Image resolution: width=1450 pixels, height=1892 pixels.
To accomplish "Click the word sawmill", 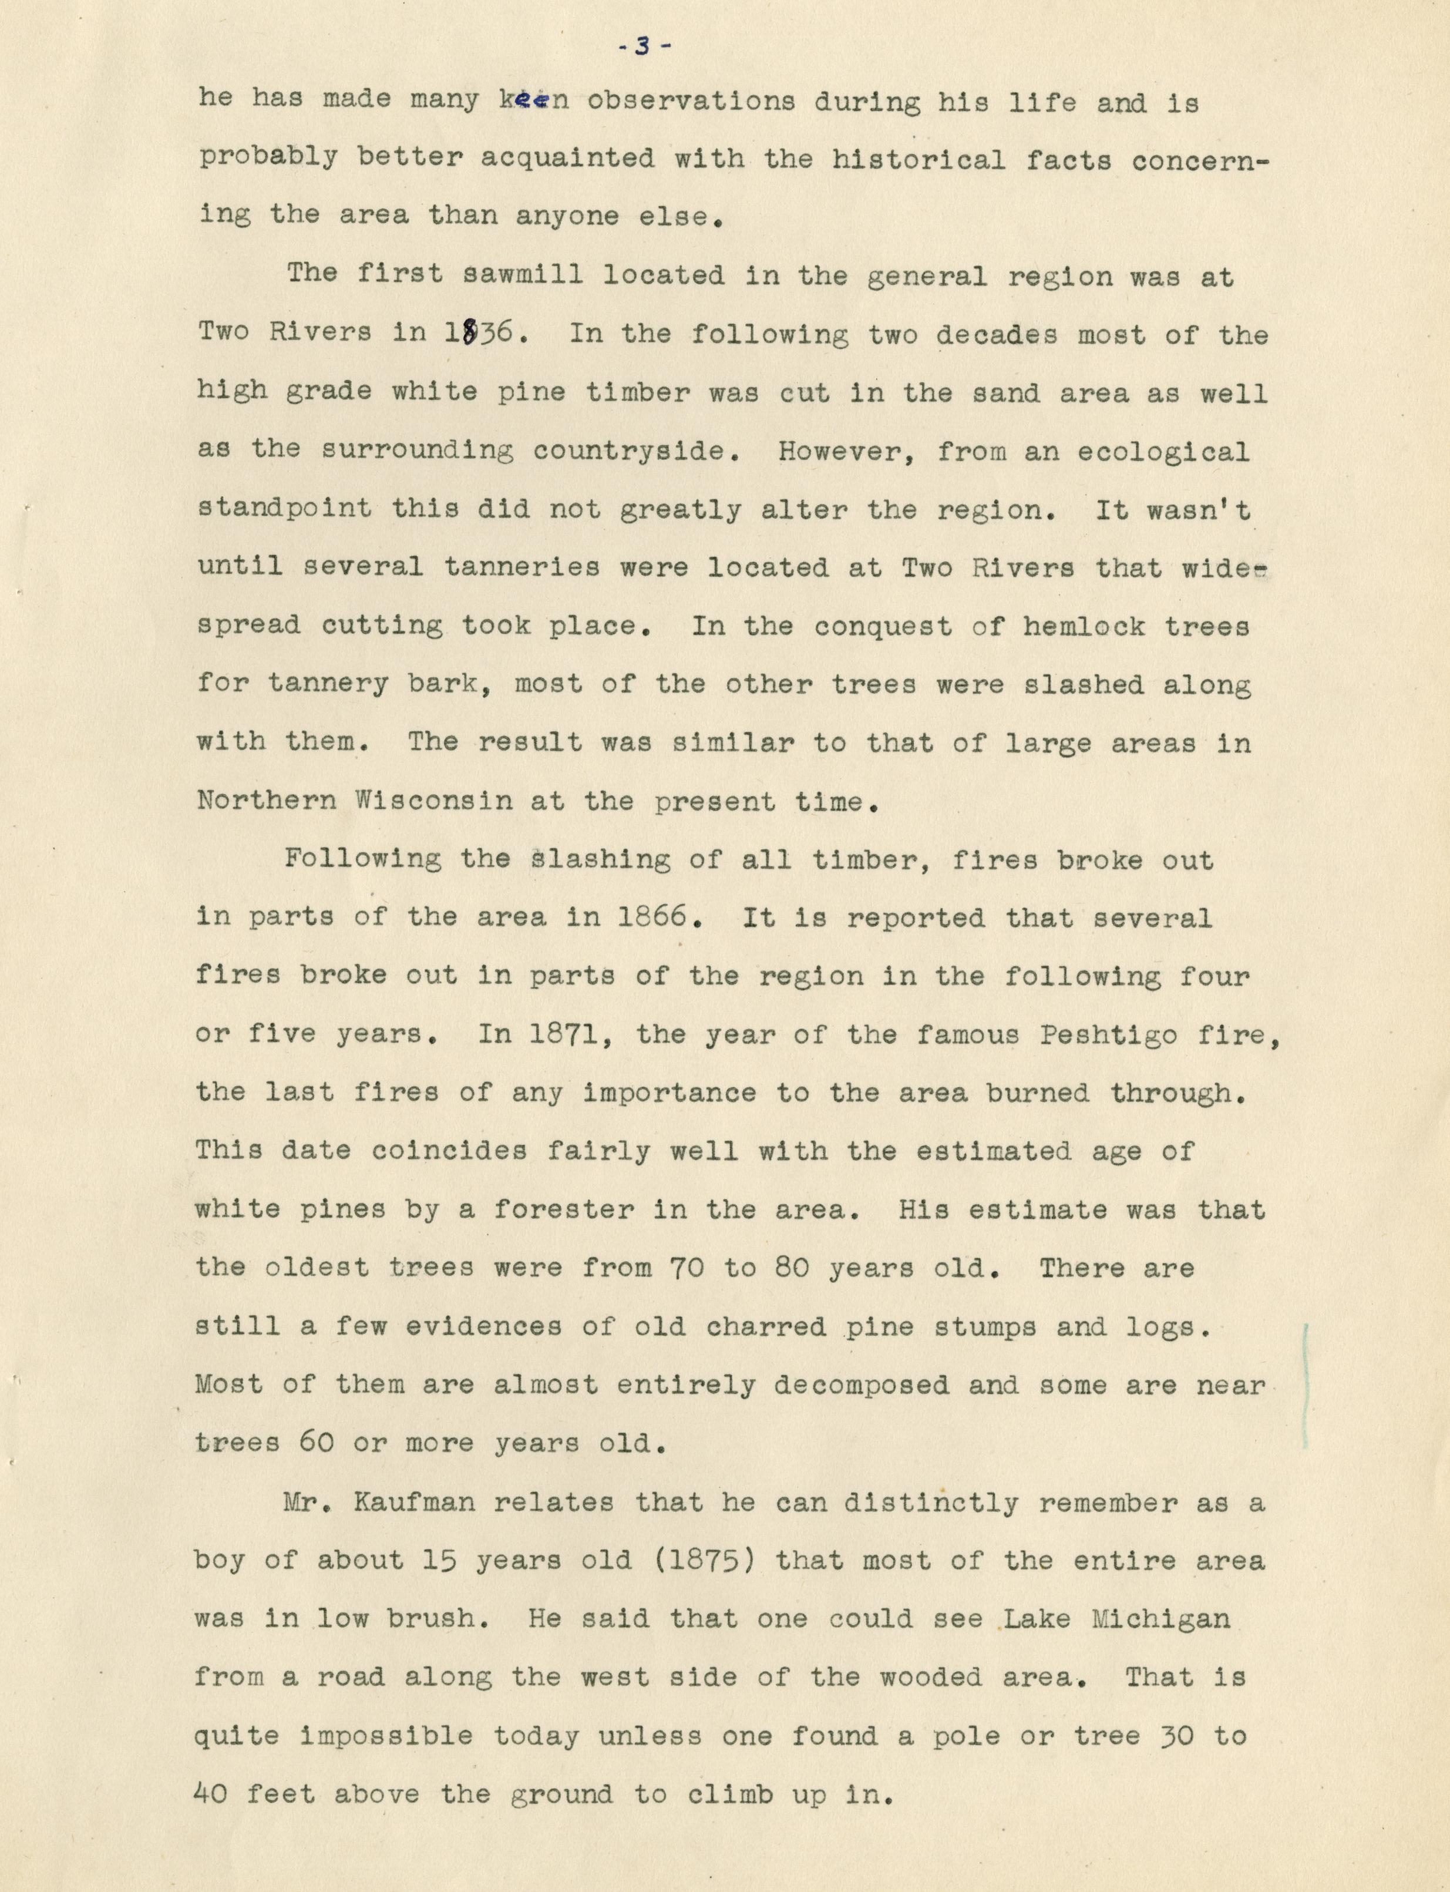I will click(523, 275).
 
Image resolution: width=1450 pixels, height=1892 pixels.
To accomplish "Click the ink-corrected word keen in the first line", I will click(533, 102).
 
